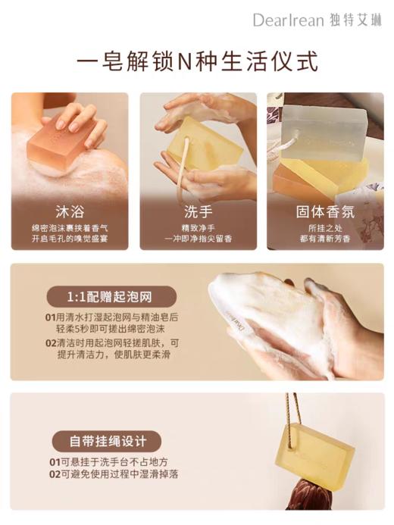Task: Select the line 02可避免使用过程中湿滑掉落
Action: click(x=114, y=474)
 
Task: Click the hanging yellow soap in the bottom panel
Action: click(x=319, y=451)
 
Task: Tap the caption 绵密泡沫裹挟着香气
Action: click(x=70, y=227)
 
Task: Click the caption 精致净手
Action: click(x=197, y=227)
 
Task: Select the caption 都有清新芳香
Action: click(x=324, y=238)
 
